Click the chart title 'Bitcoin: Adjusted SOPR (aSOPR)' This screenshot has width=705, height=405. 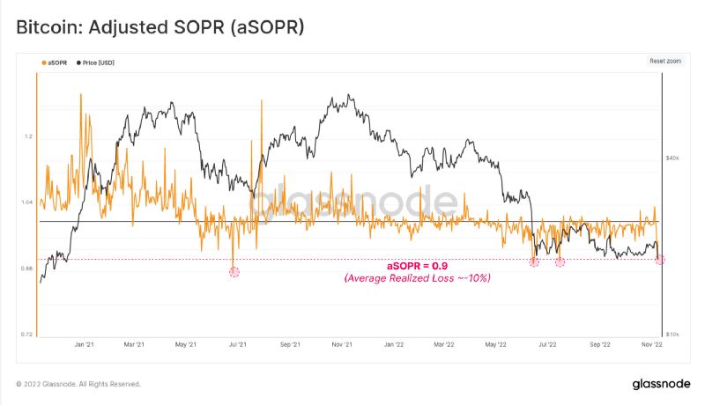coord(160,27)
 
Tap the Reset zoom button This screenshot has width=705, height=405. coord(665,61)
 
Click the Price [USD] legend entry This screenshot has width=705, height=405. coord(97,63)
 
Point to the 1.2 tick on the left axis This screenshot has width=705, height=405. coord(29,136)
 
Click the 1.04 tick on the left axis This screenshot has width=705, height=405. coord(27,202)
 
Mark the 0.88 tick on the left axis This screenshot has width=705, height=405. coord(27,269)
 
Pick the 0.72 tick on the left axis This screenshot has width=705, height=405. coord(27,335)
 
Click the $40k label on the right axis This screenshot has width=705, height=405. coord(672,158)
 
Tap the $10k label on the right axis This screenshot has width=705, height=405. coord(672,335)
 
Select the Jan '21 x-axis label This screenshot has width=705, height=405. coord(85,346)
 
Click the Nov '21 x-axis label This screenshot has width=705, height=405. coord(343,346)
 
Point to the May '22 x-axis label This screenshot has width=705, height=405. coord(496,346)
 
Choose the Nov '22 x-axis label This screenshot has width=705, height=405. coord(651,346)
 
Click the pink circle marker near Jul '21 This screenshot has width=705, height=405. coord(234,272)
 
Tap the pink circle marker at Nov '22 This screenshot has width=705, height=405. coord(660,259)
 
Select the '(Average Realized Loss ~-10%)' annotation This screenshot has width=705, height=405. coord(417,278)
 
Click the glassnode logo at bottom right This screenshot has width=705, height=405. coord(661,384)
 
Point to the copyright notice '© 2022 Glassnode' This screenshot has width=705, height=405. coord(78,384)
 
